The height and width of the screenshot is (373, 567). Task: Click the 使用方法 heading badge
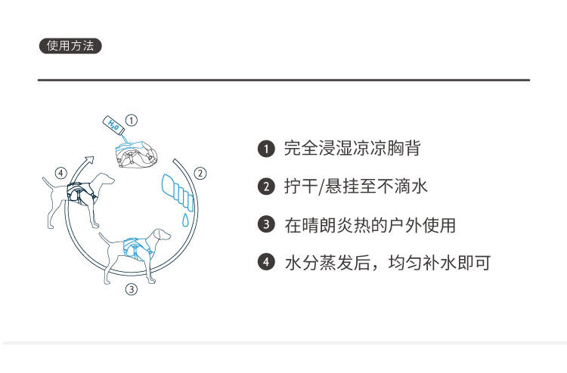70,45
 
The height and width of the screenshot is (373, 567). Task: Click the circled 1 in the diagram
132,120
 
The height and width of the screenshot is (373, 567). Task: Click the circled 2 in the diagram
200,173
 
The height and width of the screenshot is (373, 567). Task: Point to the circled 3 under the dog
131,288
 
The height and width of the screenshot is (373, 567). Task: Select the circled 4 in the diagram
61,172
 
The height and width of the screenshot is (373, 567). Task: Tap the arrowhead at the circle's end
90,159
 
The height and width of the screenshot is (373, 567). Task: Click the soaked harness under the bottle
135,153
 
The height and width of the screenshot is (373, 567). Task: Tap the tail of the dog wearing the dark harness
46,181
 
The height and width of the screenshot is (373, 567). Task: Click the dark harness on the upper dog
81,190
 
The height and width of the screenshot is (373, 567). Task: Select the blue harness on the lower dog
135,246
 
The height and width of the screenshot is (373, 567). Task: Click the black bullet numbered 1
265,149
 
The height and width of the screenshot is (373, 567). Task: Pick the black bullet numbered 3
265,224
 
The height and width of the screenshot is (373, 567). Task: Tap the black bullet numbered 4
265,263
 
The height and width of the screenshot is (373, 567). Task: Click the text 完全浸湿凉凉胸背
352,149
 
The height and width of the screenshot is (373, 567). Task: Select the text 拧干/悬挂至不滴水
355,186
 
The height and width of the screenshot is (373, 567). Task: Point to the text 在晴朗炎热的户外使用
370,224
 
